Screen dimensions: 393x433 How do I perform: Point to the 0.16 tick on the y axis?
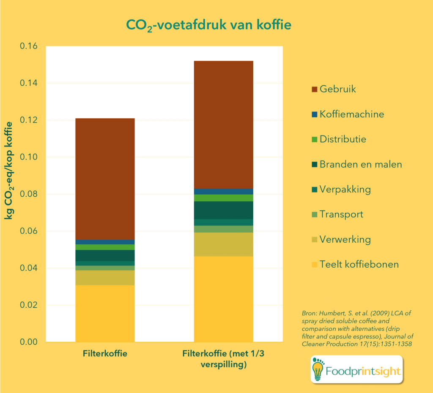click(x=29, y=46)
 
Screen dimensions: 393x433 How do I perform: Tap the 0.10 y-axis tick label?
click(x=29, y=157)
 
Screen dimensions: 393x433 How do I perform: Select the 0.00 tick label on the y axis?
click(x=29, y=342)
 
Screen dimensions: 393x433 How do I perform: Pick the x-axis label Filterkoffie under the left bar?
click(x=105, y=354)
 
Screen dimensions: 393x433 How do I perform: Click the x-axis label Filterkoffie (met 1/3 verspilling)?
click(x=223, y=359)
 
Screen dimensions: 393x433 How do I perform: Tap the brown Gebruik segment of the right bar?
click(x=223, y=125)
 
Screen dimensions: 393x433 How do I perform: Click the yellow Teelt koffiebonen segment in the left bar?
click(x=105, y=313)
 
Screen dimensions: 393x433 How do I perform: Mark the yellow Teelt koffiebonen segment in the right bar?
click(x=223, y=299)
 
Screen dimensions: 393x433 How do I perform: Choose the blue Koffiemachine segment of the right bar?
click(x=223, y=192)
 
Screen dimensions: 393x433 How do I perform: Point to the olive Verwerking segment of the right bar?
click(x=223, y=244)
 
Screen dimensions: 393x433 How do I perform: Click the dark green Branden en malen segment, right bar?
click(x=223, y=210)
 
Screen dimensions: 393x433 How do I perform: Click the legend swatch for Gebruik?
click(x=314, y=89)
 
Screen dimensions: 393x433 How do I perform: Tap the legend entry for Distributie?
click(x=343, y=139)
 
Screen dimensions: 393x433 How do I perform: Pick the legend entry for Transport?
click(x=341, y=214)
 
